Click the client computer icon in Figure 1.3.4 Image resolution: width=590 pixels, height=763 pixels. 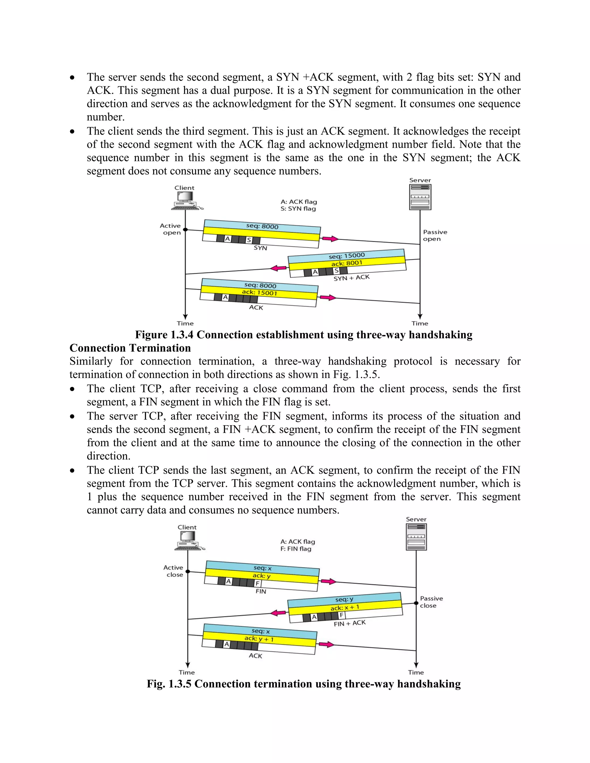[x=185, y=200]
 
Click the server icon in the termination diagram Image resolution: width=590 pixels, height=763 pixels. [x=416, y=537]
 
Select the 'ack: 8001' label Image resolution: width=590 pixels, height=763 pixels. [x=347, y=263]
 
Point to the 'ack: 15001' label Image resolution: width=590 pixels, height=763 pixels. [x=259, y=293]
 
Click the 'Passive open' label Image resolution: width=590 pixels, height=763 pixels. [x=434, y=236]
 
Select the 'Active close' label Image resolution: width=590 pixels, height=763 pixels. [x=174, y=571]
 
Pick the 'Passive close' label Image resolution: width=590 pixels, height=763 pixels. [x=431, y=602]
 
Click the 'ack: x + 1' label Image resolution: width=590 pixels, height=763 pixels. [x=345, y=608]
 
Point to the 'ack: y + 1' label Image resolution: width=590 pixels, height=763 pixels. [x=259, y=639]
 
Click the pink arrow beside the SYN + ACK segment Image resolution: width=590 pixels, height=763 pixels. [x=279, y=268]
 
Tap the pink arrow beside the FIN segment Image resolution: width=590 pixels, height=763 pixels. [x=328, y=582]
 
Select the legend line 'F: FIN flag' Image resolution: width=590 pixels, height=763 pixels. [x=296, y=549]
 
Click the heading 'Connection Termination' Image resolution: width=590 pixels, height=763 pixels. [x=130, y=348]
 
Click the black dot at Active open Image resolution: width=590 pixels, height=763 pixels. [x=185, y=229]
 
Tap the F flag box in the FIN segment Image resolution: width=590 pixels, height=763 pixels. [x=257, y=583]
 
